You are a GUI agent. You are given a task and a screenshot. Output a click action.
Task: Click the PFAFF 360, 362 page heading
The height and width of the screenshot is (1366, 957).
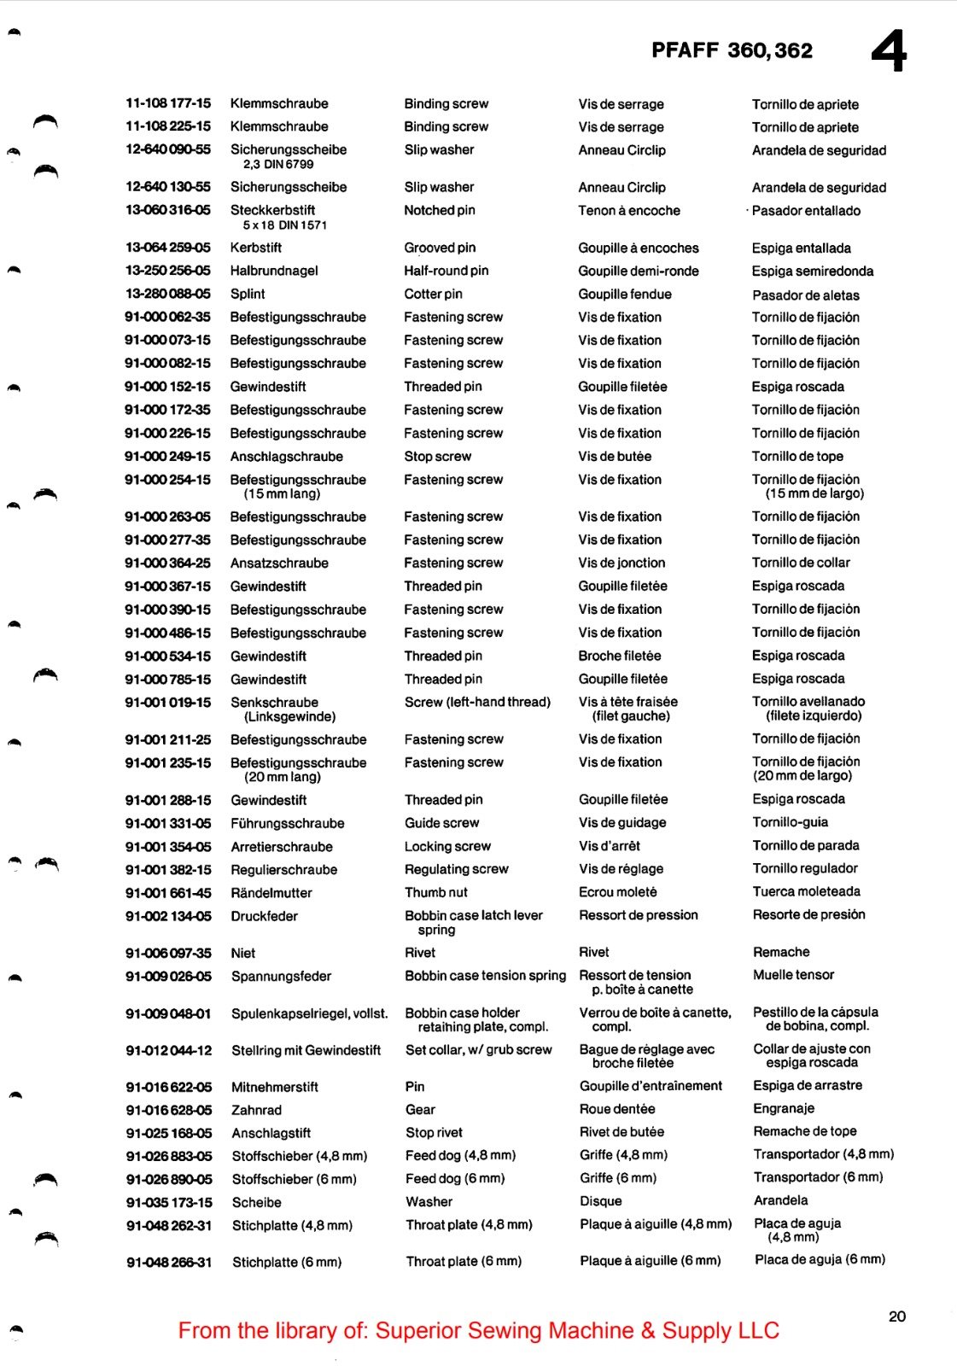click(732, 50)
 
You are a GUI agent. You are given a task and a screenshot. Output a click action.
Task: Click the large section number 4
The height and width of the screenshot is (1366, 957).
click(889, 52)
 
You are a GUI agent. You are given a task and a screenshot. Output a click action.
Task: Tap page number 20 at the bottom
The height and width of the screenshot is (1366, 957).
click(896, 1316)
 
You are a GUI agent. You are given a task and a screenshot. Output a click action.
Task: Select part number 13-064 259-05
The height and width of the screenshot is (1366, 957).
click(168, 248)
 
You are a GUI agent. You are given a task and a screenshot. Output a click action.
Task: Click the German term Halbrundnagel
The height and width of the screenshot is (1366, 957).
click(274, 271)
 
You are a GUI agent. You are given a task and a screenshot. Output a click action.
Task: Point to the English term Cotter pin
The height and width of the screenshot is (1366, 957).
click(433, 294)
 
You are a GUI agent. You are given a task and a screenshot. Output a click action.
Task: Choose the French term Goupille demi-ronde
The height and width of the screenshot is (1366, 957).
click(638, 271)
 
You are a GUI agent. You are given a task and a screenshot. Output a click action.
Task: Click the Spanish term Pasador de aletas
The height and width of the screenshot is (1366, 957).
click(805, 295)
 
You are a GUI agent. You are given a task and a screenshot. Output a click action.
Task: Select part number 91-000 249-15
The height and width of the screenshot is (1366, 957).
click(167, 456)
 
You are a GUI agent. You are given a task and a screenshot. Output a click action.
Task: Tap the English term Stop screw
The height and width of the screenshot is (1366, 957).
click(437, 456)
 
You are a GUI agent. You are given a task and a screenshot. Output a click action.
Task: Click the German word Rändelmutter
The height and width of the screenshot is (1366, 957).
click(271, 893)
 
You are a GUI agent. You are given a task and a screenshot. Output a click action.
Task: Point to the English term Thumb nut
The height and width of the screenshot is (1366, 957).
click(435, 892)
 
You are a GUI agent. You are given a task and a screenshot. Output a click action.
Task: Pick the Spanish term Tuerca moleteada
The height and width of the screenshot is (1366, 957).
click(806, 891)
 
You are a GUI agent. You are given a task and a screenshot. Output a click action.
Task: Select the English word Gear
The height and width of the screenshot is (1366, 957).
click(420, 1109)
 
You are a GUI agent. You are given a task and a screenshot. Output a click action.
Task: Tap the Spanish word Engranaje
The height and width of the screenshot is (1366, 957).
click(783, 1108)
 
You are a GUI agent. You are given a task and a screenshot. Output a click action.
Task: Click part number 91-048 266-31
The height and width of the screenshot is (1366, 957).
click(169, 1262)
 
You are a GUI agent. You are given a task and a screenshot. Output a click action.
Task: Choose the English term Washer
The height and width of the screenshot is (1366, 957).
click(429, 1201)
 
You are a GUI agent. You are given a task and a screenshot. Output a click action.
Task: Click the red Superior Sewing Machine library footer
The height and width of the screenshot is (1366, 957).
click(478, 1330)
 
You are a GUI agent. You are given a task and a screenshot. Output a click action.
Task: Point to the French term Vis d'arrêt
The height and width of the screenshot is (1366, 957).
click(609, 846)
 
